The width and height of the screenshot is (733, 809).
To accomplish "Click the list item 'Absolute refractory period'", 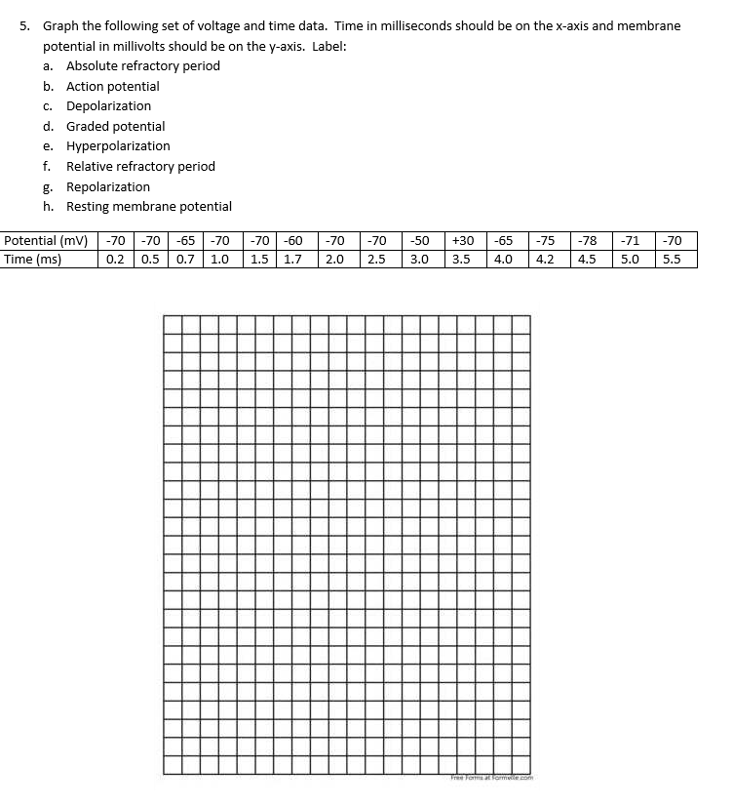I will (x=142, y=65).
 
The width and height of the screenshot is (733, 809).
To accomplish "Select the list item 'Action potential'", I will (x=112, y=86).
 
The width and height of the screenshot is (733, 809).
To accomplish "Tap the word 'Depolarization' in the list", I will (x=108, y=105).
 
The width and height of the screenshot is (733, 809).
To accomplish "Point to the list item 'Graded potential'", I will (x=115, y=126).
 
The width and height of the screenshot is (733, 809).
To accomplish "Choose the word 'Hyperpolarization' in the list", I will (x=118, y=145).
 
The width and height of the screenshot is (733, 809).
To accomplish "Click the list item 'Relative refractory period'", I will (x=140, y=166).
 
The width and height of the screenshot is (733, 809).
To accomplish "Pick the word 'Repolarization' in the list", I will (x=108, y=186).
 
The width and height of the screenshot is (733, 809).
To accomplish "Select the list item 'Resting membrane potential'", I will (x=148, y=206).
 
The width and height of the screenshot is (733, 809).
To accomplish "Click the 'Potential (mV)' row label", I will (x=46, y=240).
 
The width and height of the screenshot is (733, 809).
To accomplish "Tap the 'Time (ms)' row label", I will (x=33, y=259).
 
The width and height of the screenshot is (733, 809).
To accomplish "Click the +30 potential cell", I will (x=464, y=240).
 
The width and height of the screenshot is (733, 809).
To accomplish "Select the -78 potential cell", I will (x=587, y=240).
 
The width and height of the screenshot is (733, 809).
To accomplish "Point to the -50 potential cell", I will (x=419, y=240).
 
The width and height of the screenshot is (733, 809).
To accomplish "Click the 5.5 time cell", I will (x=671, y=259).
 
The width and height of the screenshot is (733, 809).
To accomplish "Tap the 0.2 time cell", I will (x=115, y=259).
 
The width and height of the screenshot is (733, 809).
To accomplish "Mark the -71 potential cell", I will (x=630, y=240).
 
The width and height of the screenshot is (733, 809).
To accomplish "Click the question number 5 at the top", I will (x=25, y=25).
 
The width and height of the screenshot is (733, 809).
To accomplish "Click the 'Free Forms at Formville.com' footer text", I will (x=490, y=778).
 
